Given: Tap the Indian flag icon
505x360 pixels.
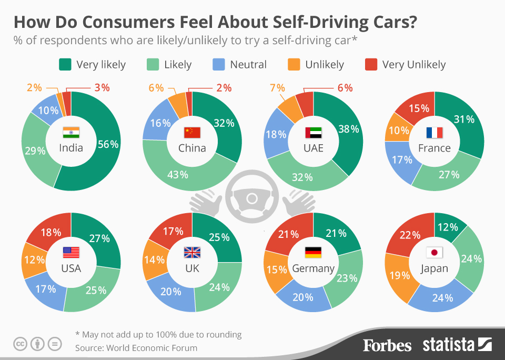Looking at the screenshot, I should point(71,132).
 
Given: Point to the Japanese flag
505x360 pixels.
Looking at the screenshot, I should point(434,253).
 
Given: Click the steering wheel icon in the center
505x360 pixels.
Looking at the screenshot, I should point(251,198).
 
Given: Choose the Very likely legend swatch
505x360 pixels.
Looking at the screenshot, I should point(65,65).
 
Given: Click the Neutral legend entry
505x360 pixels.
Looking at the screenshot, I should point(248,65).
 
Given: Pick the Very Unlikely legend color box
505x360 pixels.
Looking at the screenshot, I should point(371,65).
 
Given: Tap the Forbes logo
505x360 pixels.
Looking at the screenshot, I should point(387,345).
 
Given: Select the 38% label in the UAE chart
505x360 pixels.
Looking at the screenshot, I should point(348,129).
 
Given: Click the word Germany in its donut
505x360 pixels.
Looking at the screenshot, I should point(313,268).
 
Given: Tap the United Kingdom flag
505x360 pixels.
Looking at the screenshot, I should point(192,253).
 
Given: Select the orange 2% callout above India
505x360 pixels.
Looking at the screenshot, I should point(34,88).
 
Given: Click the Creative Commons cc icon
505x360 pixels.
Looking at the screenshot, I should point(20,344).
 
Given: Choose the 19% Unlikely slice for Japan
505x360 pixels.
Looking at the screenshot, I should point(398,275).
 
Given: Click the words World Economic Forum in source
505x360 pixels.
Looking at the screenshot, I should point(151,347).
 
